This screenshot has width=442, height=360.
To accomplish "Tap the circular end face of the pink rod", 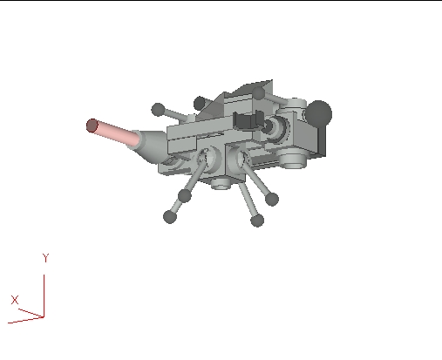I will coord(92,126).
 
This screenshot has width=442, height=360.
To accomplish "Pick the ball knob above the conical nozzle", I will coord(158,110).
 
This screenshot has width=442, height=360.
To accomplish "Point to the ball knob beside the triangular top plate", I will coord(201,103).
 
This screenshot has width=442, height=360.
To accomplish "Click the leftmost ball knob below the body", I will coord(170,217).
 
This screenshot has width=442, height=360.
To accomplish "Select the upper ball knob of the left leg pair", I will coord(185,195).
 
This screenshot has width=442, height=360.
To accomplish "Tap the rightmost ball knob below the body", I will coord(271,200).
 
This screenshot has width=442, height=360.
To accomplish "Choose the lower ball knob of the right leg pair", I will coord(256,221).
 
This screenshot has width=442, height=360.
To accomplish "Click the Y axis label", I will coord(44,259).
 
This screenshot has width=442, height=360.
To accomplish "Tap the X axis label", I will coord(15,299).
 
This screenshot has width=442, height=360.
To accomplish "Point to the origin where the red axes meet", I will coord(44,315).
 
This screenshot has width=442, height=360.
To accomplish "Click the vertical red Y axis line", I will coord(44,292).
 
